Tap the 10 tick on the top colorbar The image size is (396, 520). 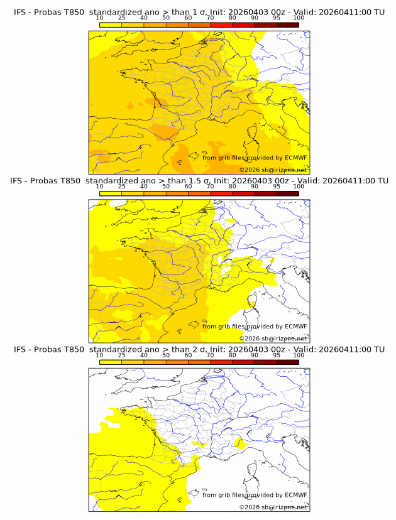100,18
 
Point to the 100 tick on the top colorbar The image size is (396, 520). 299,18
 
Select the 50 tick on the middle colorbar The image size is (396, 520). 166,187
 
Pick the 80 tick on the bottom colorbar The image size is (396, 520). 233,355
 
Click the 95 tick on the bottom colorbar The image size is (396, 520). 277,355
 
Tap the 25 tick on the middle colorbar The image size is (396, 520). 122,187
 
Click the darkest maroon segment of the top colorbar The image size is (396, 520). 287,25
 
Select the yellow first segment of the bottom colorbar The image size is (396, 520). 111,362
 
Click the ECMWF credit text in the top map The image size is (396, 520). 255,158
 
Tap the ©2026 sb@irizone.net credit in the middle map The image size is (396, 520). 273,338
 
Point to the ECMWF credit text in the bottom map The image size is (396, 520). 255,495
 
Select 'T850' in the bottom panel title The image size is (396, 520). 72,349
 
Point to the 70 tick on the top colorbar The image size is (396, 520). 210,18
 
